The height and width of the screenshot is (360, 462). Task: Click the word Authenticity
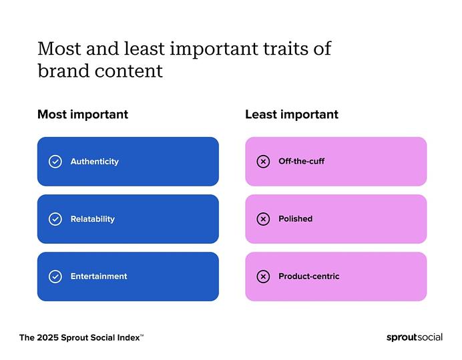point(94,162)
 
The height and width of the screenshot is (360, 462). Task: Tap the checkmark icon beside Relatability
point(55,219)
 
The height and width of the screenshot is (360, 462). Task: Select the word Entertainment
point(98,277)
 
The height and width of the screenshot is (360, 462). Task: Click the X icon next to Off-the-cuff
point(263,162)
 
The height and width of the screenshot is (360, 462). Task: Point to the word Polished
point(295,219)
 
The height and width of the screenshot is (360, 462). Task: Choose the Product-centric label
point(308,277)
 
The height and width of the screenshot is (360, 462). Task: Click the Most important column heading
point(82,115)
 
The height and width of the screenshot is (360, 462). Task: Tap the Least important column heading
point(291,115)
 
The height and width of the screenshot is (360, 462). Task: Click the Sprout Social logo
point(414,337)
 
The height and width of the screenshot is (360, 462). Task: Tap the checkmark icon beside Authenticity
point(55,162)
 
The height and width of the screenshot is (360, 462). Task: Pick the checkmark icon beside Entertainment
point(55,277)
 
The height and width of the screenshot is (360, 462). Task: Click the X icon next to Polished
point(263,219)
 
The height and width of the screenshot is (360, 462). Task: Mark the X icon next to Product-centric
point(263,277)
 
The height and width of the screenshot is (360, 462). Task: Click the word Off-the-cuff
point(301,162)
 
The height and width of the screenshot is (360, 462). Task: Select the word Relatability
point(92,219)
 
